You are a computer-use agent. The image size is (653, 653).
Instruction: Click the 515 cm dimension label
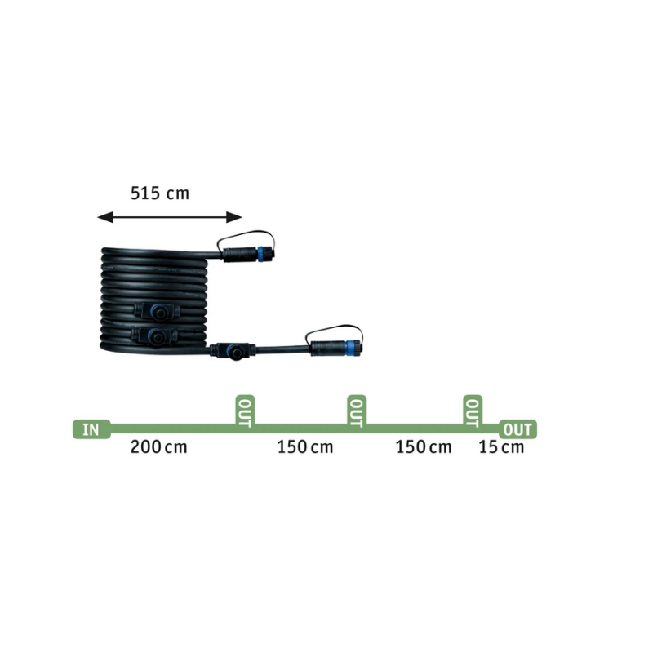pyautogui.click(x=160, y=193)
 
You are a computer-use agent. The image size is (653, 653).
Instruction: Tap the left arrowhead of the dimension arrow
pyautogui.click(x=105, y=217)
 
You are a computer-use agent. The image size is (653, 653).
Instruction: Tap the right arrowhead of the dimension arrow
pyautogui.click(x=234, y=217)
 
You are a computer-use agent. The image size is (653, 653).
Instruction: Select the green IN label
pyautogui.click(x=91, y=429)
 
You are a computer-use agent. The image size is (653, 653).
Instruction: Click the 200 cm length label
pyautogui.click(x=158, y=447)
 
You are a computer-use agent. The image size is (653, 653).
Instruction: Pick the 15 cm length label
pyautogui.click(x=501, y=447)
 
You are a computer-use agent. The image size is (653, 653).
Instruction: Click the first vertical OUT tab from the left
pyautogui.click(x=245, y=411)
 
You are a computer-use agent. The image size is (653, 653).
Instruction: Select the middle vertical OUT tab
pyautogui.click(x=357, y=411)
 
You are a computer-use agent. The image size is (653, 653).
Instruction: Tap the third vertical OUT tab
pyautogui.click(x=473, y=411)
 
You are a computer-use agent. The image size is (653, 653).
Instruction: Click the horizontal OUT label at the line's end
pyautogui.click(x=518, y=429)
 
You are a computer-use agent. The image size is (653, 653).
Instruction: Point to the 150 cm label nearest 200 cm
pyautogui.click(x=305, y=447)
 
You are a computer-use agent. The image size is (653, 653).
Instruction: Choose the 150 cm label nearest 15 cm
pyautogui.click(x=423, y=447)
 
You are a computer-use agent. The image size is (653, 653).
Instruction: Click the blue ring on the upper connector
pyautogui.click(x=260, y=254)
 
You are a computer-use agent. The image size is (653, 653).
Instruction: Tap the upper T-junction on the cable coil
pyautogui.click(x=158, y=311)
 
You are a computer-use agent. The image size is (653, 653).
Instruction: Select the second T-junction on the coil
pyautogui.click(x=154, y=335)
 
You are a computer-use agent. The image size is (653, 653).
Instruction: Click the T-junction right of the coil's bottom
pyautogui.click(x=233, y=352)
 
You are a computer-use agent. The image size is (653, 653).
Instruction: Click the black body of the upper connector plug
pyautogui.click(x=240, y=255)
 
